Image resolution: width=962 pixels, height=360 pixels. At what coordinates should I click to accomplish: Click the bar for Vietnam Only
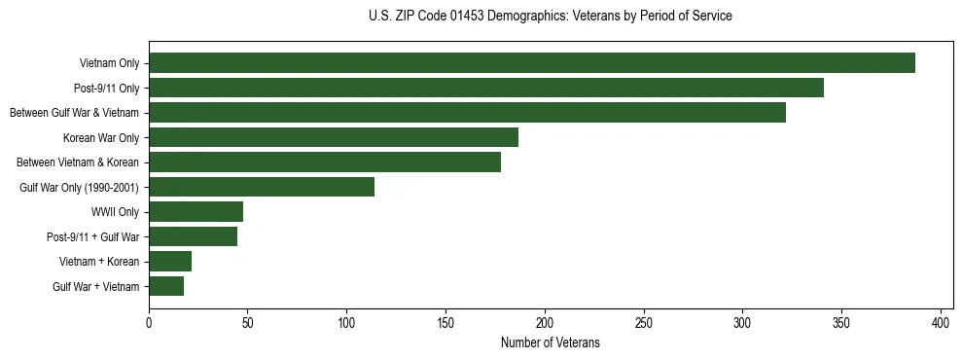coord(531,63)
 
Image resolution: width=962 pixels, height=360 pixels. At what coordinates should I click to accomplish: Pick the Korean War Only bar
coord(333,137)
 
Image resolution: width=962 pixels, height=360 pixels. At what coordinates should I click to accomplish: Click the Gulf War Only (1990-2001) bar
coord(261,187)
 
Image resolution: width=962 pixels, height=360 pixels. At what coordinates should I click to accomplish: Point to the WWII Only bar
coord(196,212)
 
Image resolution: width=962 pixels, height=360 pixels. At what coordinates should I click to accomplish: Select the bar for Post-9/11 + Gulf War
coord(193,236)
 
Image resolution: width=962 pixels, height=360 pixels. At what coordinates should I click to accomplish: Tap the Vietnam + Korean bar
coord(170,262)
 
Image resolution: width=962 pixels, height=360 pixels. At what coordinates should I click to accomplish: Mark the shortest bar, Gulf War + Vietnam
coord(166,286)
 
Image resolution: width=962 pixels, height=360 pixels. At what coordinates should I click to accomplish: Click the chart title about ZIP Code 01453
coord(550,17)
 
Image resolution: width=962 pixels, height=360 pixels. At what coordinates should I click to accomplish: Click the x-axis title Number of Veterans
coord(550,343)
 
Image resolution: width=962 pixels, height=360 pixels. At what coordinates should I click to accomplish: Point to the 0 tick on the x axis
coord(149,322)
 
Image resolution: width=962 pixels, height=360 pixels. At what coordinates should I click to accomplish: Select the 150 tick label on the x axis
coord(445,322)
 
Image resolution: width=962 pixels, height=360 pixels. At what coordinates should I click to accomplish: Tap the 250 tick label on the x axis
coord(644,322)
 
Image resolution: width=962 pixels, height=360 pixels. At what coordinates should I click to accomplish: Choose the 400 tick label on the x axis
coord(941,322)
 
